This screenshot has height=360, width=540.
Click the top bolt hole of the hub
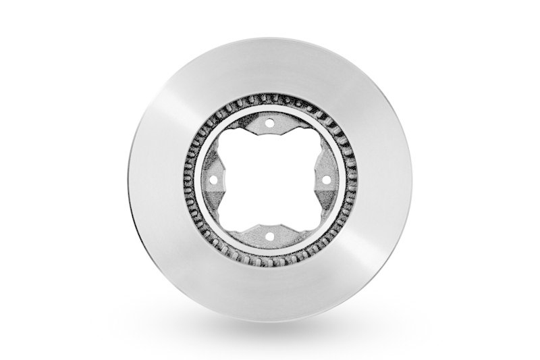pyautogui.click(x=269, y=124)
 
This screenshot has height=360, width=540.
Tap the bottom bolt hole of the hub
pyautogui.click(x=269, y=236)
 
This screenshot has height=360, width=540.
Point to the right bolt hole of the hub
pyautogui.click(x=325, y=180)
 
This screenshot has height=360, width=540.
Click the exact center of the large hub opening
pyautogui.click(x=269, y=180)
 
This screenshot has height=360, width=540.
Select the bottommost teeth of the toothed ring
pyautogui.click(x=269, y=261)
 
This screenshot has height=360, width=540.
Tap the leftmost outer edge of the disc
pyautogui.click(x=129, y=180)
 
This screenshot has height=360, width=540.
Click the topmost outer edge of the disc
pyautogui.click(x=269, y=39)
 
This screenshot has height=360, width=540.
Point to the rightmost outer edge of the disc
pyautogui.click(x=410, y=180)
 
